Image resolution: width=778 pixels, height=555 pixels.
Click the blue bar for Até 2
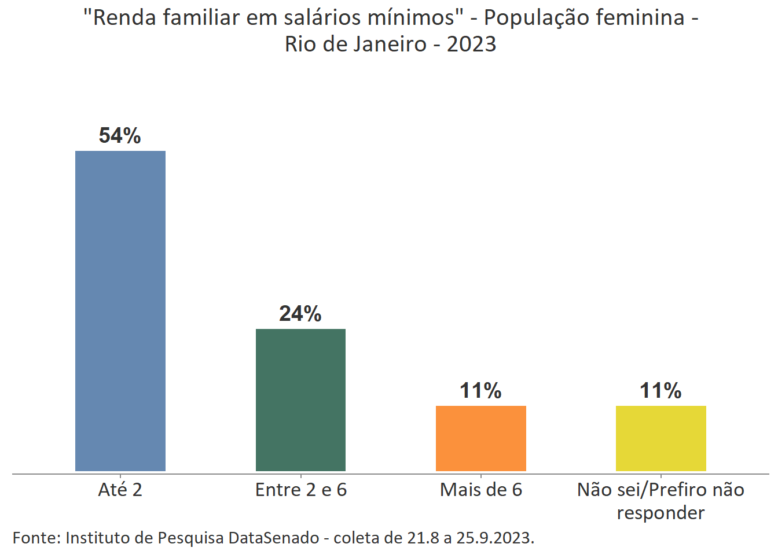coord(120,311)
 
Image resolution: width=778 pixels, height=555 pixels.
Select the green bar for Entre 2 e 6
coord(300,400)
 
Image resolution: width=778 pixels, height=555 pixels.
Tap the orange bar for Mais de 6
coord(480,438)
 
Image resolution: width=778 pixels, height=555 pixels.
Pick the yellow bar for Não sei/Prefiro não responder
coord(660,438)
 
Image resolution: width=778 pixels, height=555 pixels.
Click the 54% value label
coord(120,136)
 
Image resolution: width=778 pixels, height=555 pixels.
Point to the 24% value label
coord(300,314)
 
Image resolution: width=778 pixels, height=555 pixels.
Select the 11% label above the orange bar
coord(480,391)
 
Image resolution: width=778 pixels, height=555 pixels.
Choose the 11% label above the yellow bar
coord(660,391)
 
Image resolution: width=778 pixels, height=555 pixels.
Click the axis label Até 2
coord(120,490)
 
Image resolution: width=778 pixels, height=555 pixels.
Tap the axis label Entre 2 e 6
coord(300,490)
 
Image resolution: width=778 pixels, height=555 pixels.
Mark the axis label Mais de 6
coord(480,490)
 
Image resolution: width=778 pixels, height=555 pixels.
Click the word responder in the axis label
coord(660,513)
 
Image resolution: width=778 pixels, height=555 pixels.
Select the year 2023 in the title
coord(471,45)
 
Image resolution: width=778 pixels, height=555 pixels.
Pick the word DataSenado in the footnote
coord(274,538)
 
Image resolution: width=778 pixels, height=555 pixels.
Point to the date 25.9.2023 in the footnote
coord(495,538)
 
